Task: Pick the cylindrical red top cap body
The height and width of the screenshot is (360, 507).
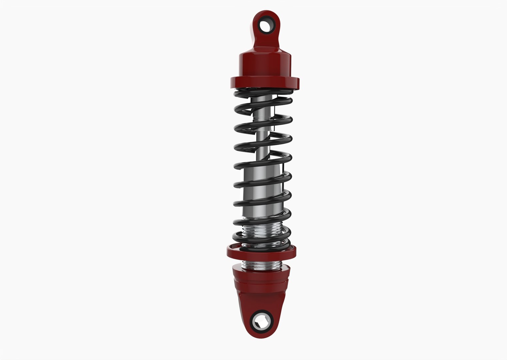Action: (264, 67)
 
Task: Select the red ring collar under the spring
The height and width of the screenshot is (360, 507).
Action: (261, 253)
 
